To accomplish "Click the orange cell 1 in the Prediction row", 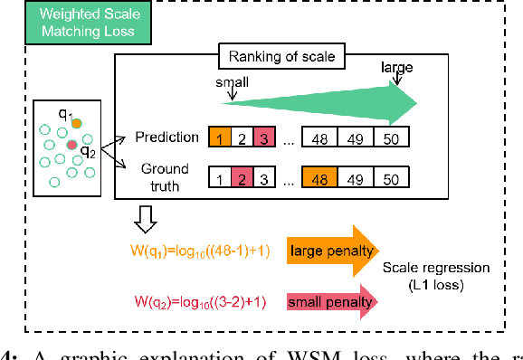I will coord(220,137).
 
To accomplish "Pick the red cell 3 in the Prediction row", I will coord(263,137).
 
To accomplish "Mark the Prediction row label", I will coord(166,137).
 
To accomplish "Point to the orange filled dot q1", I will coord(77,122).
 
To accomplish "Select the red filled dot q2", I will coord(70,144).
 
